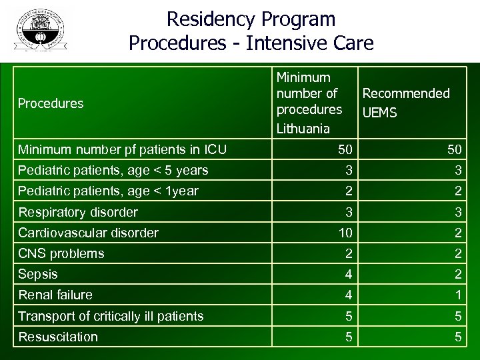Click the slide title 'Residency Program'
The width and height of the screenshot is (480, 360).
pos(251,19)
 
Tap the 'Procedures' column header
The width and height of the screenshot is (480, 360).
pos(51,103)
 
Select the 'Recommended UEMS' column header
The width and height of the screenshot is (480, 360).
pos(405,103)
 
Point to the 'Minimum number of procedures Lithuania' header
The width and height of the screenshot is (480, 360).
pos(309,101)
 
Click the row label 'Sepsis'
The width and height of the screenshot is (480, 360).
pos(38,274)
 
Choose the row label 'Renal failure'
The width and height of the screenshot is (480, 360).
pos(55,295)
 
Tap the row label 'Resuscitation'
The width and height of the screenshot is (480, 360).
pos(58,337)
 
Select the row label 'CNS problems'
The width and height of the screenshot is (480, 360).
pos(61,253)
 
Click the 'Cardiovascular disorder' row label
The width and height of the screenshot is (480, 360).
pos(88,233)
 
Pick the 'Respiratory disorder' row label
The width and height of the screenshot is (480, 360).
pos(78,212)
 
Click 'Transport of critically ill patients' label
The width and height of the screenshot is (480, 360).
pos(111,316)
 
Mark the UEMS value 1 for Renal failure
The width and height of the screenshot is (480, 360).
pos(458,295)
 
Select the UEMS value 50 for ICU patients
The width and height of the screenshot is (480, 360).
pos(455,149)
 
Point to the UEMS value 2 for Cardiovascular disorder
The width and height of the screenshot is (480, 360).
pos(458,233)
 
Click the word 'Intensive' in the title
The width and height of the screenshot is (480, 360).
pos(287,44)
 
